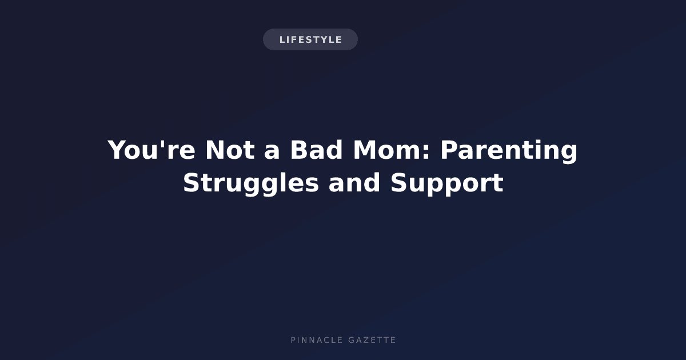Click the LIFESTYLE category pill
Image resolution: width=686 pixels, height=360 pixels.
coord(310,39)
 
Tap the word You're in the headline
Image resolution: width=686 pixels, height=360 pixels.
coord(151,150)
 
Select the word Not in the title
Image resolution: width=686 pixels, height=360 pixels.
coord(230,150)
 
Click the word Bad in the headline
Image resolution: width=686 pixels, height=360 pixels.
coord(316,150)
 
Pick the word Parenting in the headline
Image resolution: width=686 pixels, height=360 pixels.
coord(509,152)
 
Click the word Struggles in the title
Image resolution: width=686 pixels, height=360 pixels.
coord(251,183)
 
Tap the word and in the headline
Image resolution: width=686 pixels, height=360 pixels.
coord(354,182)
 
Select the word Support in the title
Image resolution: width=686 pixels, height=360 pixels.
coord(447,183)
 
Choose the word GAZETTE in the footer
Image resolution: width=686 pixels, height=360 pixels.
coord(372,340)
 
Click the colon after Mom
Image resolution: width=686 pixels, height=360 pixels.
coord(426,152)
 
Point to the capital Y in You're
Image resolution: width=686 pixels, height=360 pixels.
coord(117,150)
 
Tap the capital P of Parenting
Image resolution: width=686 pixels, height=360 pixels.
coord(449,150)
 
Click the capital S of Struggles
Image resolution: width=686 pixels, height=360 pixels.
coord(192,182)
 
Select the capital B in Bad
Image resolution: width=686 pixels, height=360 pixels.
coord(300,150)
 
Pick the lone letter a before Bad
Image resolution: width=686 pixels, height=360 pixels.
coord(272,152)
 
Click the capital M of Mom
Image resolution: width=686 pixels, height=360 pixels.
coord(366,150)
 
